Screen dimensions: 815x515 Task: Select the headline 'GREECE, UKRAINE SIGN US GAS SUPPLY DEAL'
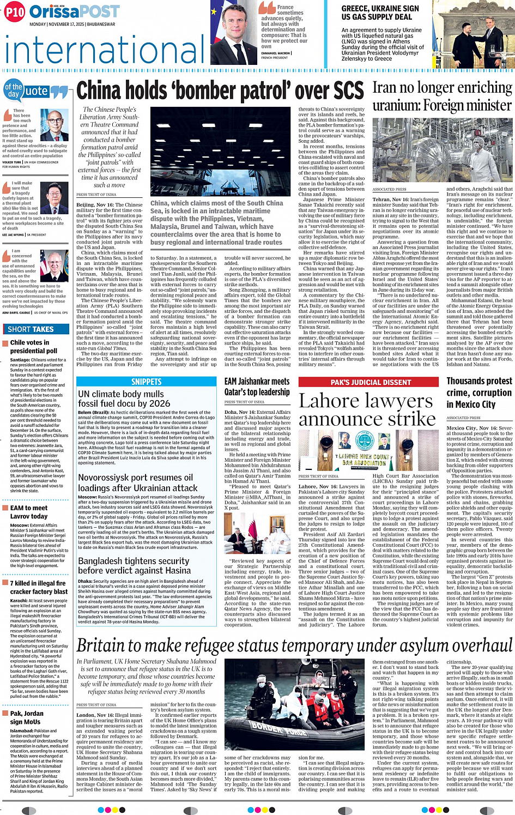coord(380,13)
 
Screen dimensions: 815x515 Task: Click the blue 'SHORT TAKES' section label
coord(31,329)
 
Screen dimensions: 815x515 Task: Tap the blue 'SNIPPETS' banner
coord(147,382)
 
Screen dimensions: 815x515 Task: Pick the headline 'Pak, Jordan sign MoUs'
coord(27,717)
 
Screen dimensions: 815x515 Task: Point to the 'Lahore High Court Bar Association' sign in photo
coord(363,460)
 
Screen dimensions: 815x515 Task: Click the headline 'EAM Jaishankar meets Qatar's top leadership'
coord(257,387)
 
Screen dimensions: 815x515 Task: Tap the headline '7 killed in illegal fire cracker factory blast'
coord(39,587)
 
